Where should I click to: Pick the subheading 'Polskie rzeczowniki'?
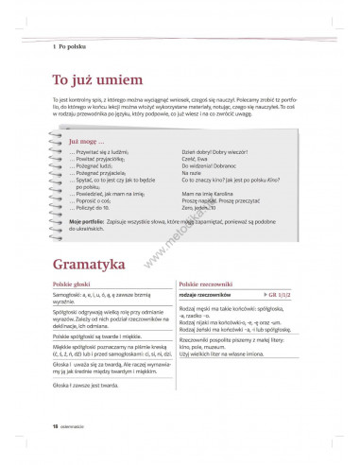(x=208, y=284)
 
